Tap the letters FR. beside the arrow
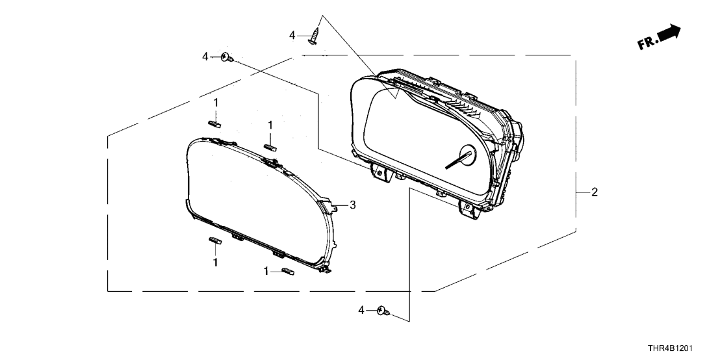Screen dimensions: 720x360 click(647, 43)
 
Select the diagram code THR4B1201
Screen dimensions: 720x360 click(670, 349)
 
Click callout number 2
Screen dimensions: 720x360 click(595, 192)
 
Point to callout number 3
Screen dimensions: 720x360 click(352, 205)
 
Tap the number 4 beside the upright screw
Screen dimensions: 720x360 click(292, 35)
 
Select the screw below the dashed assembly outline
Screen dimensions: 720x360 click(383, 311)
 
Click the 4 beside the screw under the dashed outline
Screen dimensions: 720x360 click(361, 311)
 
